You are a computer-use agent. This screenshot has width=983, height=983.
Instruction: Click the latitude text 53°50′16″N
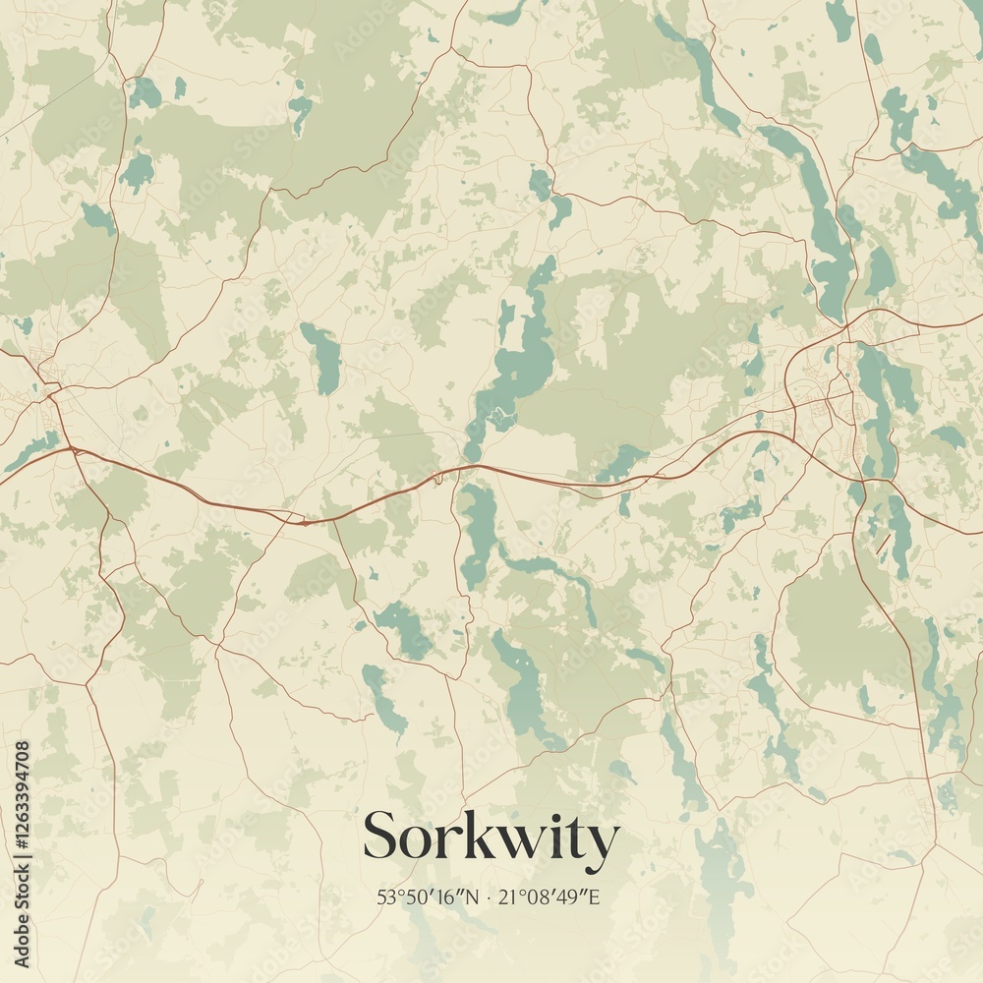click(x=429, y=896)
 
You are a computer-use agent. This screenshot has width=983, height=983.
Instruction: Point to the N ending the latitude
click(x=474, y=896)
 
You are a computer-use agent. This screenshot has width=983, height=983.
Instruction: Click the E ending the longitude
click(x=594, y=896)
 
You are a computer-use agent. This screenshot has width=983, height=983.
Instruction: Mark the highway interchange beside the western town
click(x=71, y=449)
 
